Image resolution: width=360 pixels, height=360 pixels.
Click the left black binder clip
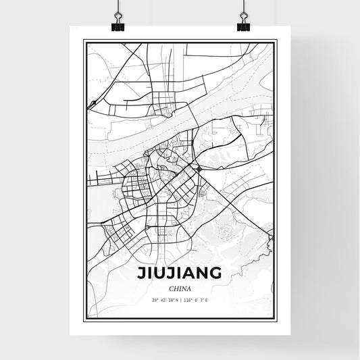point(117,25)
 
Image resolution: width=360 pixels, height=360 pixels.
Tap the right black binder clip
point(243,25)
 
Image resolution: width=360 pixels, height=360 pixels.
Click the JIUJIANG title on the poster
point(180,274)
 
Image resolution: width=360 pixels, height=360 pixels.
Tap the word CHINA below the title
point(180,287)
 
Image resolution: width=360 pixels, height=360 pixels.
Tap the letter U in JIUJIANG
point(159,274)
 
